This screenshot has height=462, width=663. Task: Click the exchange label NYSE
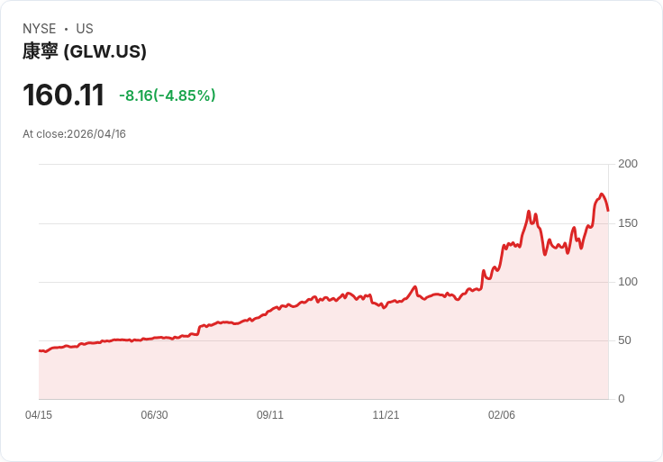pos(40,29)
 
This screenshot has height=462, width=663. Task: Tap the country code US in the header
pos(85,29)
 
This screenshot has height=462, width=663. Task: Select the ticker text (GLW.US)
pos(105,51)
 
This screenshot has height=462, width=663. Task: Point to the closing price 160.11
pos(63,95)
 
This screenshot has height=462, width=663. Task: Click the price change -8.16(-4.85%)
pos(168,95)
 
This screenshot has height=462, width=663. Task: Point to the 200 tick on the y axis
pos(628,164)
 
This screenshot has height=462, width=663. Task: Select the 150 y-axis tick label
pos(628,222)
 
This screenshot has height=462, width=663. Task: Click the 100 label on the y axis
pos(628,282)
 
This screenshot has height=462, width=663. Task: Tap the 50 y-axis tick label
pos(625,340)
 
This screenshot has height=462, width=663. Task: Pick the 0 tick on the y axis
pos(622,399)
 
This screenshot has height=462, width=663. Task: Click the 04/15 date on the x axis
pos(39,415)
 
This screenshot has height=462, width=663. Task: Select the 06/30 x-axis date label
pos(154,415)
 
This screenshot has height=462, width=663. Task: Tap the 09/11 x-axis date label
pos(270,415)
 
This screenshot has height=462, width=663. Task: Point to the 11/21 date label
pos(386,415)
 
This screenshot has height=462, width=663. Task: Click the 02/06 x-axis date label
pos(502,415)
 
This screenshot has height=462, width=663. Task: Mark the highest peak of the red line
pos(602,194)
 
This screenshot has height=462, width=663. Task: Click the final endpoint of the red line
pos(608,211)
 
